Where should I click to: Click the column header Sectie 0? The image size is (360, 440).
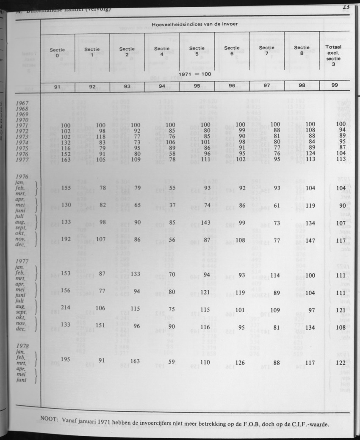pyautogui.click(x=57, y=52)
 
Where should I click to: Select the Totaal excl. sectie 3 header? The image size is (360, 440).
pyautogui.click(x=334, y=55)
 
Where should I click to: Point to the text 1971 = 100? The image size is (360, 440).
pyautogui.click(x=195, y=74)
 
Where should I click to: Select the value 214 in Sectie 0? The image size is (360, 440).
pyautogui.click(x=66, y=308)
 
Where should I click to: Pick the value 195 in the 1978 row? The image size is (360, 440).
pyautogui.click(x=66, y=360)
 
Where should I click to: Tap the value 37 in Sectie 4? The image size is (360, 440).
pyautogui.click(x=172, y=205)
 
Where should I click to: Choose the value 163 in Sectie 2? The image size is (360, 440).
pyautogui.click(x=135, y=362)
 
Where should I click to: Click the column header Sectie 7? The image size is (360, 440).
pyautogui.click(x=266, y=50)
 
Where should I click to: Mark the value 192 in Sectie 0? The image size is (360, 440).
pyautogui.click(x=66, y=239)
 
